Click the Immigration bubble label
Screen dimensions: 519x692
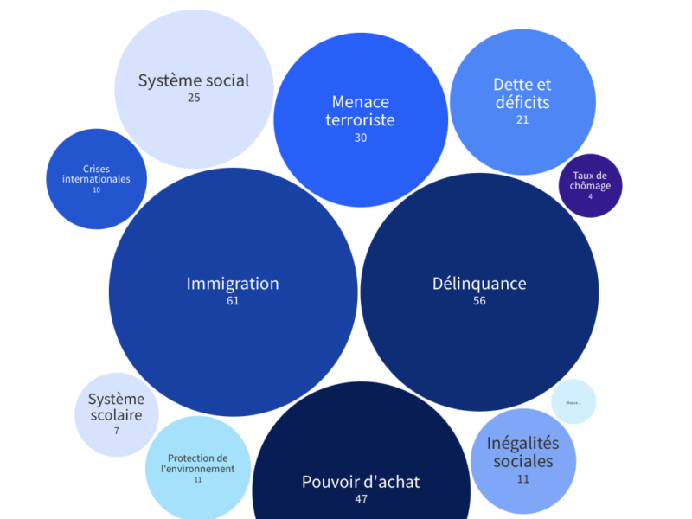coord(233,284)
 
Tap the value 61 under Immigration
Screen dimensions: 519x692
coord(233,301)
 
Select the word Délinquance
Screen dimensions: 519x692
coord(479,284)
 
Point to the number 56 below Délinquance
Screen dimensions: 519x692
coord(479,301)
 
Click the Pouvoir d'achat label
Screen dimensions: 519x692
coord(361,482)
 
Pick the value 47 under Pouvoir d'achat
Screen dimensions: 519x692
coord(362,499)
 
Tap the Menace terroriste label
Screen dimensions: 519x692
coord(360,112)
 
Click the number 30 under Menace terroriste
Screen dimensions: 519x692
coord(361,138)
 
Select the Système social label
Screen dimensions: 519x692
coord(194,80)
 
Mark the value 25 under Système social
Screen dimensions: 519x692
coord(194,98)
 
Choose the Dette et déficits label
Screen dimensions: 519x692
coord(522,93)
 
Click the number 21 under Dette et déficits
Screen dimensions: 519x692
coord(522,119)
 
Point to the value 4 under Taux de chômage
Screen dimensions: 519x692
coord(591,196)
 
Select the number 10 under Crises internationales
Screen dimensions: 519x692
coord(96,189)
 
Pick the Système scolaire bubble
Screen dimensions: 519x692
coord(117,414)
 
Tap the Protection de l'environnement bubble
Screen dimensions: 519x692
coord(198,466)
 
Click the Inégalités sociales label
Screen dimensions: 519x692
coord(523,452)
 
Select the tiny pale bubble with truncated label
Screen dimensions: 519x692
coord(573,402)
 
